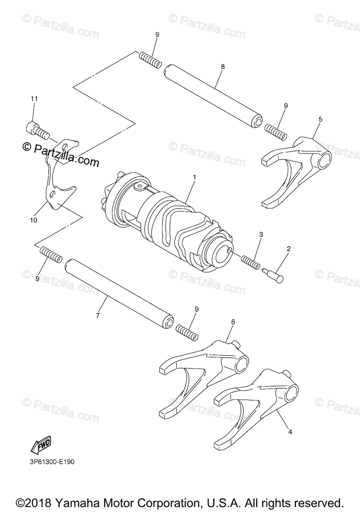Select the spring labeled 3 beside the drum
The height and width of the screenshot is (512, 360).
(x=251, y=262)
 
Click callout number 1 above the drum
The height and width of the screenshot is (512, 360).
(x=194, y=177)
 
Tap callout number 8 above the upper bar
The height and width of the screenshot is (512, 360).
(x=222, y=67)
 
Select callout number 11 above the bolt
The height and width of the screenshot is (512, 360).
(x=34, y=99)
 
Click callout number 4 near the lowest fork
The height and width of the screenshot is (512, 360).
(x=290, y=432)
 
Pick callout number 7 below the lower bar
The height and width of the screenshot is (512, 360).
(x=98, y=316)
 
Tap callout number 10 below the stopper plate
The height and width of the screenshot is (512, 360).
(x=33, y=220)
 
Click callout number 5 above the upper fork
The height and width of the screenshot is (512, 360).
(x=320, y=119)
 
